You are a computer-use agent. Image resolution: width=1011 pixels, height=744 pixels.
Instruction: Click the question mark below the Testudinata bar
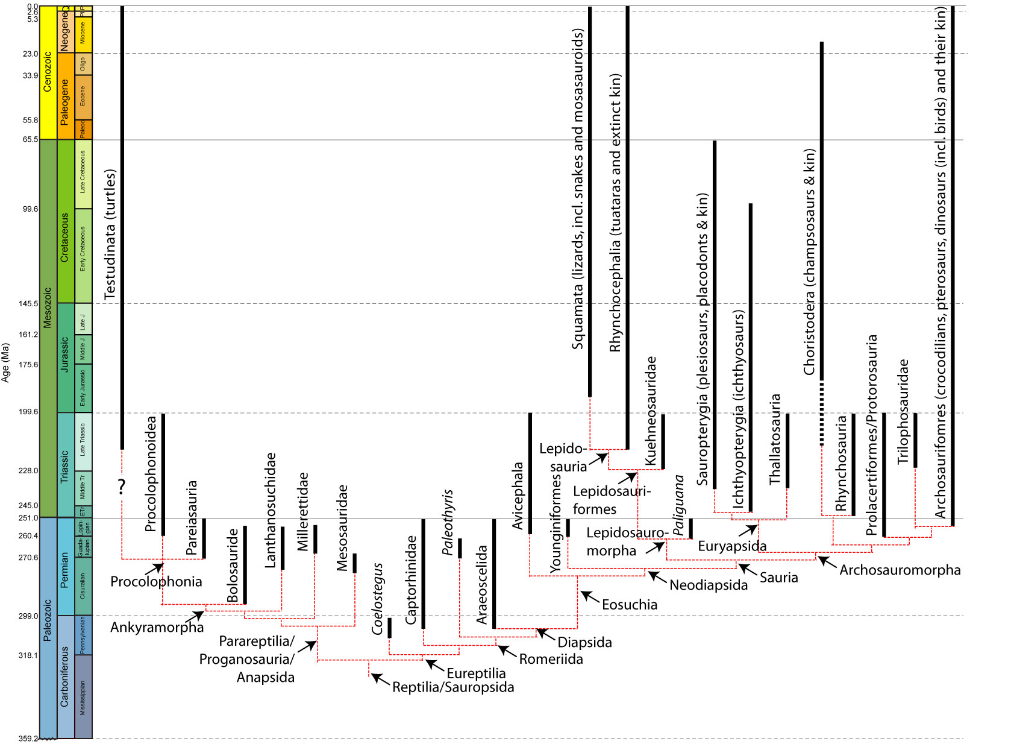click(122, 486)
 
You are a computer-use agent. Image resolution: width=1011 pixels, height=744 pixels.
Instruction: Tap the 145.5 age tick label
click(28, 303)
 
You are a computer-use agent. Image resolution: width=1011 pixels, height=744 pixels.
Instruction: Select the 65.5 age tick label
click(30, 139)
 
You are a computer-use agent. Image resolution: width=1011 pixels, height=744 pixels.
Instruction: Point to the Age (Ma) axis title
click(6, 362)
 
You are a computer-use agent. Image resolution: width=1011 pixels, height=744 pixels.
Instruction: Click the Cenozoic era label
click(48, 72)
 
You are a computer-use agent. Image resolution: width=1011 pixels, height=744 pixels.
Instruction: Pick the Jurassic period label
click(65, 354)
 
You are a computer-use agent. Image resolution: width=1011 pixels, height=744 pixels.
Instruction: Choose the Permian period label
click(65, 570)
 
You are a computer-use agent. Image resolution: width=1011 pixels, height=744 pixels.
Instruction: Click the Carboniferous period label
click(65, 676)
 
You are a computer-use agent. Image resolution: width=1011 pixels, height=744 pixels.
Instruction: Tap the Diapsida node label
click(584, 642)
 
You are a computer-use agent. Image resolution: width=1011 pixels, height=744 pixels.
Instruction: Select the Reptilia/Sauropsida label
click(453, 687)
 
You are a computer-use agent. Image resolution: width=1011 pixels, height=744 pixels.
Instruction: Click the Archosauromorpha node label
click(900, 570)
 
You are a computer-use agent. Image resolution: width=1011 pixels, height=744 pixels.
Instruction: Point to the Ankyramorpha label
click(157, 627)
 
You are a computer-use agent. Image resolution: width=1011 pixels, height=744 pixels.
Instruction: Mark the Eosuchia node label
click(630, 604)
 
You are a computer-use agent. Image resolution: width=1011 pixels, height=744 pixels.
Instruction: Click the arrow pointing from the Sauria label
click(747, 569)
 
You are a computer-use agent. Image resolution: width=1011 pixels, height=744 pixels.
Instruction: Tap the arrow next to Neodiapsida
click(657, 577)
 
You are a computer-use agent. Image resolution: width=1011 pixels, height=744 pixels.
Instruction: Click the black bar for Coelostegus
click(390, 628)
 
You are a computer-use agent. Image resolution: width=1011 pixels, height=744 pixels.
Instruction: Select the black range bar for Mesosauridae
click(355, 563)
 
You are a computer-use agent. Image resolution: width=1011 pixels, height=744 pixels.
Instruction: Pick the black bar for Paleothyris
click(460, 548)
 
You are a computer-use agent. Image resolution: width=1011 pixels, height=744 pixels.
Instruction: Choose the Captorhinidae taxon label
click(411, 579)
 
